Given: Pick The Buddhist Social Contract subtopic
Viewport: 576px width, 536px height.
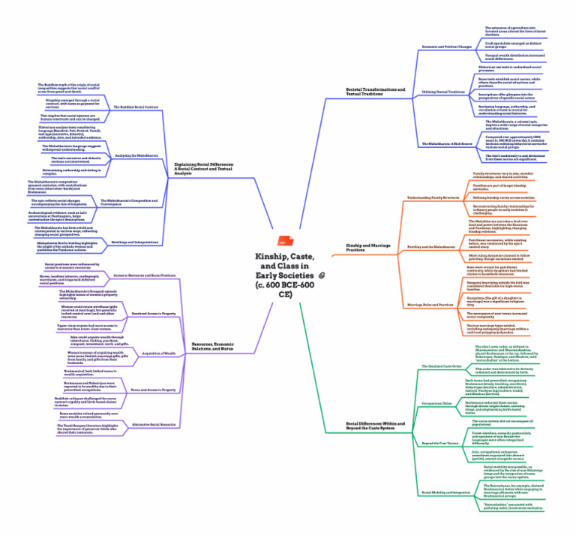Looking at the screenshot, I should (136, 107).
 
